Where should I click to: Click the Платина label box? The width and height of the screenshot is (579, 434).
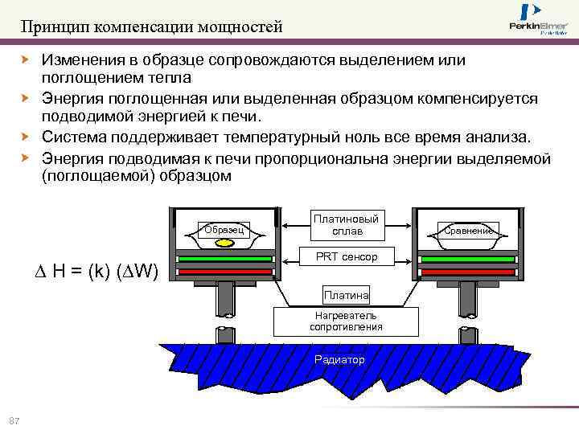[346, 296]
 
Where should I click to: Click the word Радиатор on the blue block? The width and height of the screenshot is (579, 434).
[339, 359]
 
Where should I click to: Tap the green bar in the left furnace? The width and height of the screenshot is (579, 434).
[224, 260]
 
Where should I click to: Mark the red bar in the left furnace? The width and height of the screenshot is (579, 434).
[224, 272]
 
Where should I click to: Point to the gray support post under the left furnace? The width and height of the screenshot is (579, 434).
[224, 301]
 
